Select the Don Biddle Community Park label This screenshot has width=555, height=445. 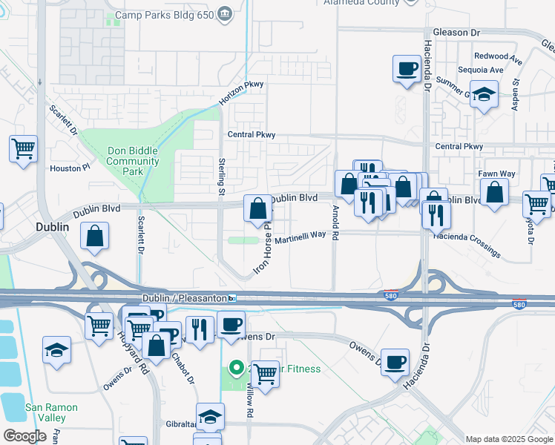coord(133,161)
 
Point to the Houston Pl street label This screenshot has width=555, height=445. coord(70,168)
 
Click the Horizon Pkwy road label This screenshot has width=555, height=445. coord(242,92)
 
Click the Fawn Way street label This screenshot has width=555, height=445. coord(497,174)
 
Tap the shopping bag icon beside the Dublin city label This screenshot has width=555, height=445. coord(96,237)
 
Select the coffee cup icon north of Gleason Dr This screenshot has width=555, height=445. coord(406,69)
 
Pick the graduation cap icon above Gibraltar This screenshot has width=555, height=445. coord(210,416)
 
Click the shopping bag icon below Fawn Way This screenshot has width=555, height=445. coord(494,193)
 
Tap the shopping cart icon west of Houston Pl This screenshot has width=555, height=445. coord(23,148)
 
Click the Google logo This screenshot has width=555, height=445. coord(25,435)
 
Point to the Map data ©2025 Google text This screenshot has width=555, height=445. coord(508,439)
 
